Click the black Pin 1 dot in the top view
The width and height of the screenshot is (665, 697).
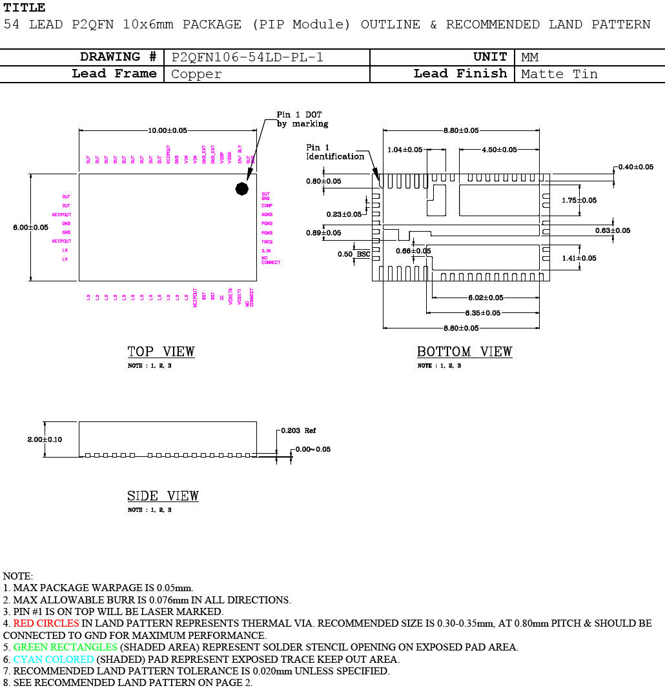pos(241,188)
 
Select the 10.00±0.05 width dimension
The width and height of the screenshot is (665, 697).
pos(167,130)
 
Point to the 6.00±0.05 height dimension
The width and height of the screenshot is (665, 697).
pos(30,227)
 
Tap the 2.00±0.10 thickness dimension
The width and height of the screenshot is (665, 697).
pos(45,439)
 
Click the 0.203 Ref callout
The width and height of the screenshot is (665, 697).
pos(301,430)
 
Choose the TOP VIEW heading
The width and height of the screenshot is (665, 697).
pos(161,352)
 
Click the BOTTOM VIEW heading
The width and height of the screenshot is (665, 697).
pos(464,352)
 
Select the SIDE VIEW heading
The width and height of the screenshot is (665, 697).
pos(163,496)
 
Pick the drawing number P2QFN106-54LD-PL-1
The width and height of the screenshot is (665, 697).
pos(247,57)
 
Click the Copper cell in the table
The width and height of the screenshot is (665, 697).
pos(196,74)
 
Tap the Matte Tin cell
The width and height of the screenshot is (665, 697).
pos(559,74)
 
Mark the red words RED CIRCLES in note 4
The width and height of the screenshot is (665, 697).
pos(46,623)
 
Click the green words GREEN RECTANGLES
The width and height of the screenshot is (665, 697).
pos(65,647)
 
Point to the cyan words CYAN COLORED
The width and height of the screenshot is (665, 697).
pos(54,659)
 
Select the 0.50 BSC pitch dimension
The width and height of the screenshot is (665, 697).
pos(354,254)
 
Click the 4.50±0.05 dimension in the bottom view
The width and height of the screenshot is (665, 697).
pos(499,150)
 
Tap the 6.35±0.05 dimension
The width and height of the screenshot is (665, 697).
pos(483,313)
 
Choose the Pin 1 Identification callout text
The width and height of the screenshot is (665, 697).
pos(334,152)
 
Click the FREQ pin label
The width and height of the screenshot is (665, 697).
pos(267,242)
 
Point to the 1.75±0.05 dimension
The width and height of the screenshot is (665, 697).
pos(579,200)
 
